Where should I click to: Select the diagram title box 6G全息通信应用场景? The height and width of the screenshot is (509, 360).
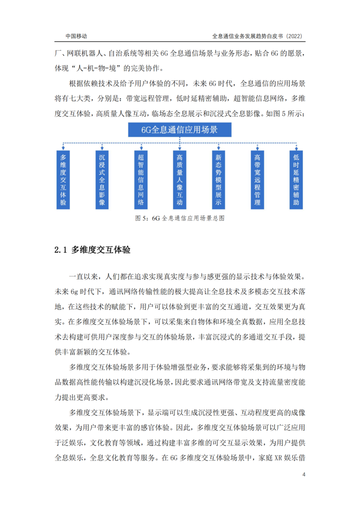(x=180, y=130)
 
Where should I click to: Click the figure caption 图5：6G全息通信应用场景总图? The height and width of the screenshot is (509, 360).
(x=180, y=218)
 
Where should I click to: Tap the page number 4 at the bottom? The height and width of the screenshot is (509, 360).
(x=304, y=475)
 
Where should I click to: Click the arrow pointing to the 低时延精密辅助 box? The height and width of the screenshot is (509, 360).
(x=296, y=147)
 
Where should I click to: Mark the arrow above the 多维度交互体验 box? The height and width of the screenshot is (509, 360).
(x=63, y=147)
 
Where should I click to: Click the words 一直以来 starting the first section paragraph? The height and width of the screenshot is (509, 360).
(x=84, y=276)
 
